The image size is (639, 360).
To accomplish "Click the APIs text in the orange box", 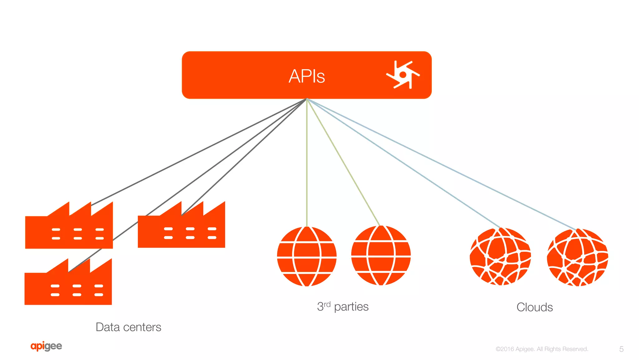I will point(307,76).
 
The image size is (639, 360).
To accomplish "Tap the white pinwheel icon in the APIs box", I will point(403,75).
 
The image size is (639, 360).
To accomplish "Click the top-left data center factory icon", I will point(69,228).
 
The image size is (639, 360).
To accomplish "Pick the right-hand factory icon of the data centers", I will point(181,227).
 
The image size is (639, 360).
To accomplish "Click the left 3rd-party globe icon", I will point(307,256).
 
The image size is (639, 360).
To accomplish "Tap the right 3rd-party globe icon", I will point(381,256).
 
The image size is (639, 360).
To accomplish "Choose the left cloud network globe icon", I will point(500,257).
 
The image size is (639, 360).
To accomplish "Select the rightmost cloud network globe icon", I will point(578,258).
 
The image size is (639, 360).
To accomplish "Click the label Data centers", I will point(128,327).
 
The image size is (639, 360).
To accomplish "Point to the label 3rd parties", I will point(343,307).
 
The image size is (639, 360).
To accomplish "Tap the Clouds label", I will point(534,307).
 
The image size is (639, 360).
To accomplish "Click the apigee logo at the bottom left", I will point(46,346).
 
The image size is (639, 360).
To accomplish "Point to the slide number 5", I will point(621,349).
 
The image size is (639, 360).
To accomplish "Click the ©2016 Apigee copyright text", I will point(542,349).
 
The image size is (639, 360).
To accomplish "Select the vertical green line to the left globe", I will point(307,162).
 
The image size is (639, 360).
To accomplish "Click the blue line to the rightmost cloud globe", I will point(443,165).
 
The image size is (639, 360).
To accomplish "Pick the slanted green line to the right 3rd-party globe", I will point(343,162).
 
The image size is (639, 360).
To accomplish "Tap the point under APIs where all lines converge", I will point(307,99).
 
